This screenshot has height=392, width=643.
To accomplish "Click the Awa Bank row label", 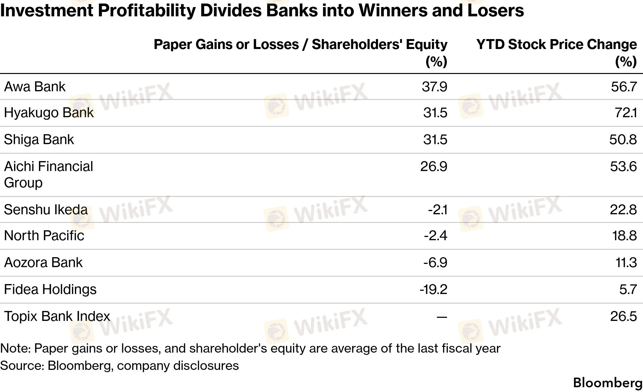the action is coord(35,87).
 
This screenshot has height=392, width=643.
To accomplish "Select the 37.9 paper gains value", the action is coord(434,87).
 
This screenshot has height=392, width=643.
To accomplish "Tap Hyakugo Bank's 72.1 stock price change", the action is coord(626,113).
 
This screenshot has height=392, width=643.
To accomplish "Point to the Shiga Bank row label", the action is coord(39,140).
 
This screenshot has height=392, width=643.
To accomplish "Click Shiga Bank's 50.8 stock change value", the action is coord(623,140).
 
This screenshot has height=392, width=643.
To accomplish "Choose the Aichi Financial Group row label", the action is coord(48,175).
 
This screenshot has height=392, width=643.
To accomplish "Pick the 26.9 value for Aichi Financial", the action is coord(434,167).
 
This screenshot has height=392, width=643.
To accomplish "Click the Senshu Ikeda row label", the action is coord(46,210).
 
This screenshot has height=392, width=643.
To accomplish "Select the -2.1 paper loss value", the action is coord(438,210).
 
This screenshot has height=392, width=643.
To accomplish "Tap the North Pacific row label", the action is coord(44,236).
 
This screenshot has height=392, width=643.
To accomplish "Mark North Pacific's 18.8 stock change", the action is coord(624,236).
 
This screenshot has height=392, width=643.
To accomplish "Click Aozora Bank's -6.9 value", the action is coord(435,263).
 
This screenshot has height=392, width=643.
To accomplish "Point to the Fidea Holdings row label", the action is coord(50,290).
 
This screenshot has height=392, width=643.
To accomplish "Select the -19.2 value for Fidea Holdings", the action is coord(433,290).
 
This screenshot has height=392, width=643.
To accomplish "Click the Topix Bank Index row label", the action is coord(57,316).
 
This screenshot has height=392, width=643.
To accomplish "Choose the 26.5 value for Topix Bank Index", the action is coord(623,316).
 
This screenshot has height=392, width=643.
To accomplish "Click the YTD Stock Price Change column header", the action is coord(557,53).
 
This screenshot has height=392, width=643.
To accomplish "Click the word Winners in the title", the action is coord(393,11).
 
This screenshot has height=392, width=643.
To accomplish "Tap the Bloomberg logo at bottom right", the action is coord(608,383).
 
